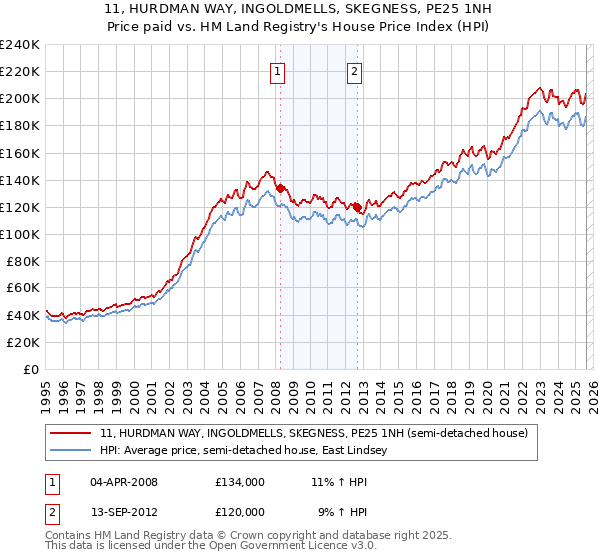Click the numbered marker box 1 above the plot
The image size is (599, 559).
click(x=277, y=70)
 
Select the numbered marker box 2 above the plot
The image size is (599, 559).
click(x=355, y=70)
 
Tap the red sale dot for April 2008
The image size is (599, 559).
click(x=280, y=188)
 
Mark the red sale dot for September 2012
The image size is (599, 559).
click(x=357, y=207)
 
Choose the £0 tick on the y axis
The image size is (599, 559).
click(x=30, y=369)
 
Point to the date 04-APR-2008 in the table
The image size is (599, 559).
click(x=123, y=482)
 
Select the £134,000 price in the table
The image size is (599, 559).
click(x=240, y=482)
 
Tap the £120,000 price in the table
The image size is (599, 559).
click(x=240, y=511)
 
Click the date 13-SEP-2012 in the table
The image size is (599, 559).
click(x=123, y=511)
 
